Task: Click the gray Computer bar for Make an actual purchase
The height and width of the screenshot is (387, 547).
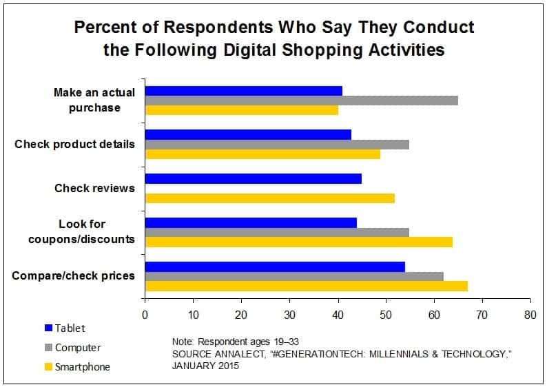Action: pos(301,101)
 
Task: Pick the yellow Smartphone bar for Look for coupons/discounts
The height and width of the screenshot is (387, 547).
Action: pos(298,242)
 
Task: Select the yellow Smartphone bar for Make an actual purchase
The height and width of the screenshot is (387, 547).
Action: pos(241,110)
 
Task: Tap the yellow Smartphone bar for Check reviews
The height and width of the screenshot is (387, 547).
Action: pos(269,198)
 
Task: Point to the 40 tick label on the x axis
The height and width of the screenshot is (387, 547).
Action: pos(338,315)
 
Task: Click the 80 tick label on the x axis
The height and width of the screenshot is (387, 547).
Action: pos(530,315)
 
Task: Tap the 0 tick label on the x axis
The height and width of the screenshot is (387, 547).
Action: pos(145,315)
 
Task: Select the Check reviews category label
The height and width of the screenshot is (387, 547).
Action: pos(94,188)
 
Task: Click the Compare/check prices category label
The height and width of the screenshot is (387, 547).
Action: pos(74,276)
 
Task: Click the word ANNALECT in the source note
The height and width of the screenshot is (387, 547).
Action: pos(234,353)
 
